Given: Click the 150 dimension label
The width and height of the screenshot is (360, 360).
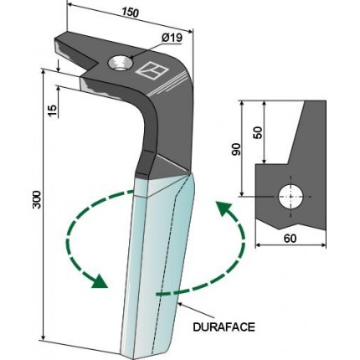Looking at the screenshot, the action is tap(130, 13).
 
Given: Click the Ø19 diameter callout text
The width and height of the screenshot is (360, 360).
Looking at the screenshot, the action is tap(172, 38).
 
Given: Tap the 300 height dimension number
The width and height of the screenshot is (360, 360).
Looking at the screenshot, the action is tap(37, 199).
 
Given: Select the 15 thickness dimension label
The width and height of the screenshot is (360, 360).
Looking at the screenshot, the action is tap(53, 111).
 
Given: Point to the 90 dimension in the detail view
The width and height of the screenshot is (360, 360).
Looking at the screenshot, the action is tap(236, 149).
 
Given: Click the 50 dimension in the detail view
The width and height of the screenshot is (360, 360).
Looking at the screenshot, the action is tap(258, 133).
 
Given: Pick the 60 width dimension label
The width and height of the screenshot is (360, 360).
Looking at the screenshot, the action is tap(291, 239).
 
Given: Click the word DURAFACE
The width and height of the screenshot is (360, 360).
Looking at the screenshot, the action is tap(224, 327).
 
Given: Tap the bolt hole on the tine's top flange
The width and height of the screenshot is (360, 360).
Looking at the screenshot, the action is tap(121, 63).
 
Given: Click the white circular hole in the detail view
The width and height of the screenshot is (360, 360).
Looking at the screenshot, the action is tap(291, 197).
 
